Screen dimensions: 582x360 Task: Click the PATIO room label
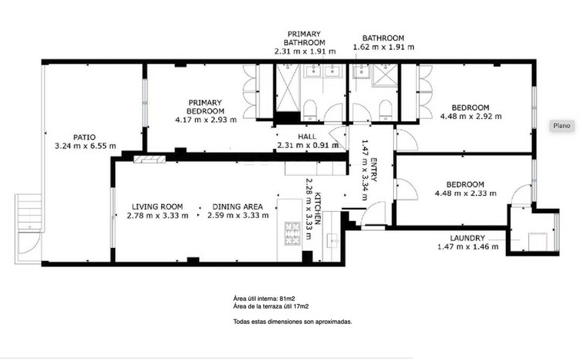point(84,137)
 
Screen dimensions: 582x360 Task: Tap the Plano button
point(561,125)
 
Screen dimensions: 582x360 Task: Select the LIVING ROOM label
point(157,206)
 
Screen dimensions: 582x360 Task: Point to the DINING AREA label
point(237,206)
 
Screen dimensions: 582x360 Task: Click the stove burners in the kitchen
point(293,233)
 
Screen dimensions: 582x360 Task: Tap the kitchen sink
point(333,240)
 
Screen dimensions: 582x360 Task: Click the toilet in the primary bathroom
point(310,111)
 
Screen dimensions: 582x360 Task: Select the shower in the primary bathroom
point(288,88)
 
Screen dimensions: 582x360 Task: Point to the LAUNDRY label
point(468,238)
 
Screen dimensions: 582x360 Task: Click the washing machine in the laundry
point(537,242)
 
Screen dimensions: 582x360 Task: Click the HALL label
point(307,137)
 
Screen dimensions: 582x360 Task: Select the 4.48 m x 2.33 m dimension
point(465,193)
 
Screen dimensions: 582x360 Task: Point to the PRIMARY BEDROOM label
point(205,107)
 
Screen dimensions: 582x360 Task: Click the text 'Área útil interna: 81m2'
point(264,298)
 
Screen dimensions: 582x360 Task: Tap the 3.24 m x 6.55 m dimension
point(85,146)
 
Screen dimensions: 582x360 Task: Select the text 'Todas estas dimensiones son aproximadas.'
point(293,322)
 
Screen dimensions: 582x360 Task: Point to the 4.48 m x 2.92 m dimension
point(471,116)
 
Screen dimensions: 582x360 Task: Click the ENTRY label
point(373,170)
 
